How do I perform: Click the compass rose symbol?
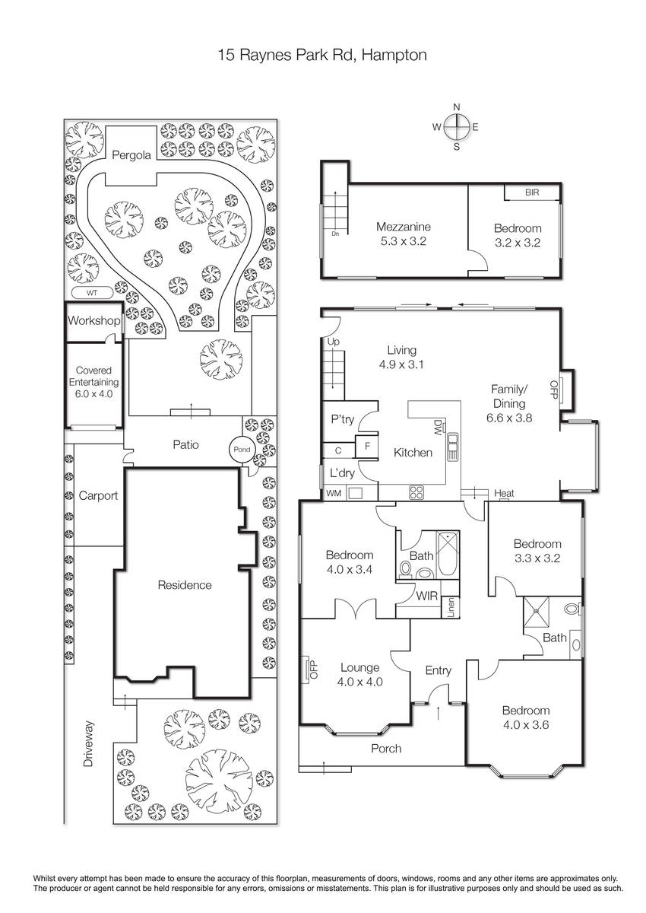[x=457, y=127]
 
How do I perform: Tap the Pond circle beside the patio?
[x=242, y=450]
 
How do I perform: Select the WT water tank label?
[x=92, y=293]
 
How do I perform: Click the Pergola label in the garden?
[x=131, y=155]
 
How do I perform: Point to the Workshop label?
[x=94, y=320]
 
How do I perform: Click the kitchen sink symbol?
[x=453, y=447]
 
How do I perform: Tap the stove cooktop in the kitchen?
[x=416, y=492]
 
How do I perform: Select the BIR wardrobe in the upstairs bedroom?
[x=531, y=192]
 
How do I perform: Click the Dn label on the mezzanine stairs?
[x=335, y=234]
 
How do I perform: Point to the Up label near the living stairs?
[x=334, y=342]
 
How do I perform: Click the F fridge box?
[x=367, y=447]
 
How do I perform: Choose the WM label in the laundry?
[x=334, y=494]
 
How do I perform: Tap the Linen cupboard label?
[x=451, y=607]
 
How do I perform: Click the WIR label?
[x=426, y=596]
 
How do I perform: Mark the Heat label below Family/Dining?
[x=504, y=493]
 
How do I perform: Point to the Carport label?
[x=98, y=495]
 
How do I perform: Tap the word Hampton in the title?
[x=394, y=55]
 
